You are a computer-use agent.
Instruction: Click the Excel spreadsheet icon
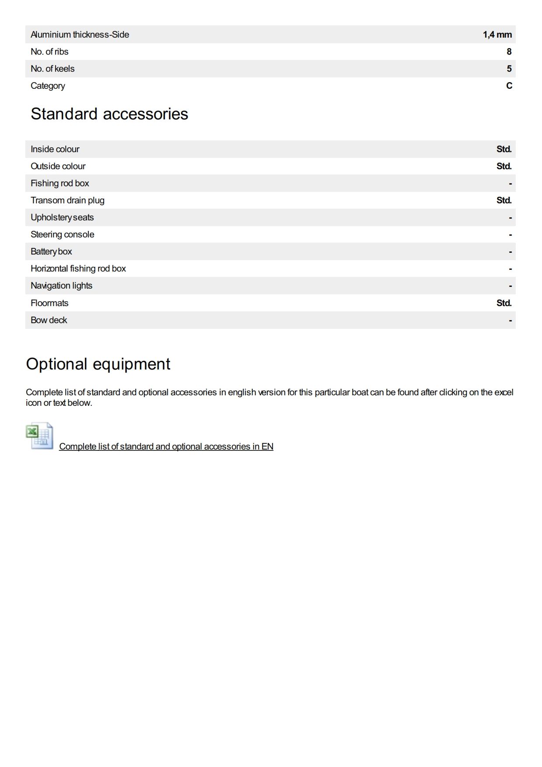(39, 436)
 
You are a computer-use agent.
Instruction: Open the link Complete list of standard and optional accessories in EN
(166, 446)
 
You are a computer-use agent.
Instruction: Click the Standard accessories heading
(109, 114)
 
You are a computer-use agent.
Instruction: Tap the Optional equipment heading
(98, 364)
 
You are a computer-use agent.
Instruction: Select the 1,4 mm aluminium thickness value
(497, 35)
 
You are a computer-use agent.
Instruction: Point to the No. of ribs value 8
(509, 52)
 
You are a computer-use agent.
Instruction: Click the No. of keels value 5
(509, 69)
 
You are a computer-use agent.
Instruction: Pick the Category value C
(509, 86)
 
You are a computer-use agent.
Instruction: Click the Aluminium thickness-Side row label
(80, 35)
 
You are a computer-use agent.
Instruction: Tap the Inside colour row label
(55, 149)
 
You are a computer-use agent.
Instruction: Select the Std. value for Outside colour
(504, 166)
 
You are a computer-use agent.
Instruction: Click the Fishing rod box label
(59, 183)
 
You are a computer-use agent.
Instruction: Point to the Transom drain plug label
(67, 200)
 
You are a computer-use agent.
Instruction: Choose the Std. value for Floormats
(504, 303)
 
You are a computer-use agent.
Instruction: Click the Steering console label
(62, 234)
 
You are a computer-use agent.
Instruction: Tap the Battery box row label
(51, 251)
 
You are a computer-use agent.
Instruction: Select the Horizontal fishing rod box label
(78, 268)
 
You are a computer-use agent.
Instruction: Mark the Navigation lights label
(61, 286)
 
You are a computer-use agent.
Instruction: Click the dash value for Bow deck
(510, 321)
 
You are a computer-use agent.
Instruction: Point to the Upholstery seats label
(62, 217)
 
